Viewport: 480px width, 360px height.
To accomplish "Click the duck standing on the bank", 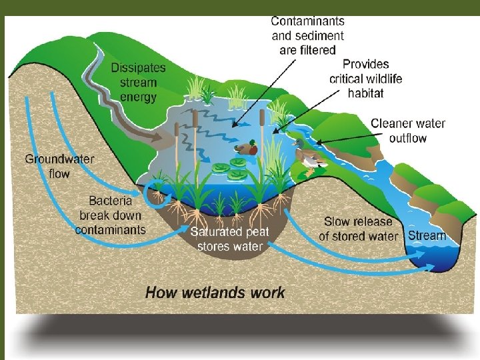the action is pyautogui.click(x=309, y=159).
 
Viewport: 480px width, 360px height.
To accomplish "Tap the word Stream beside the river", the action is pyautogui.click(x=427, y=235).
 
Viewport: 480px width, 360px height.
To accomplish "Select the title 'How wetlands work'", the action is pyautogui.click(x=215, y=292).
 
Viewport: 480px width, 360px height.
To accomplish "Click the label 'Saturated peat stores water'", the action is pyautogui.click(x=230, y=239).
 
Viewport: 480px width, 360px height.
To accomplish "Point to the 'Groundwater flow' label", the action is pyautogui.click(x=59, y=166).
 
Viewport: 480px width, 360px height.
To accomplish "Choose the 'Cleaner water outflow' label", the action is pyautogui.click(x=408, y=131).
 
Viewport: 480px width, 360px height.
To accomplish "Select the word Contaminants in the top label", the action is pyautogui.click(x=308, y=21).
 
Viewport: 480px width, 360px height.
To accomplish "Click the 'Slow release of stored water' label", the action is pyautogui.click(x=358, y=229).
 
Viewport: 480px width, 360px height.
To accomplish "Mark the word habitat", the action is pyautogui.click(x=365, y=93).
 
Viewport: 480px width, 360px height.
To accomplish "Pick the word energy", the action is pyautogui.click(x=139, y=97).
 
